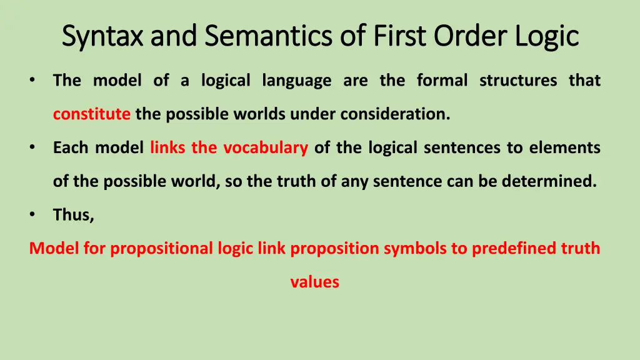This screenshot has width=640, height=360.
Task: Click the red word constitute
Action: coord(92,114)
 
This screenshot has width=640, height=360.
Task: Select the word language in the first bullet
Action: coord(297,81)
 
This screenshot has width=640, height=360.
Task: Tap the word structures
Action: coord(518,81)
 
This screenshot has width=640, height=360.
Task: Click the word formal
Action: coord(442,81)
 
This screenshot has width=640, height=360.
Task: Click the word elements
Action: coord(564,148)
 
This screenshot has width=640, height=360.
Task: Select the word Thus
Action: coord(73,215)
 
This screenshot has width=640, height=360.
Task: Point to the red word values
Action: coord(314,282)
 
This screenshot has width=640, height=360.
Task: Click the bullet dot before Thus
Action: coord(32,215)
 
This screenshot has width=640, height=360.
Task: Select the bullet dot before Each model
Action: coord(32,148)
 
